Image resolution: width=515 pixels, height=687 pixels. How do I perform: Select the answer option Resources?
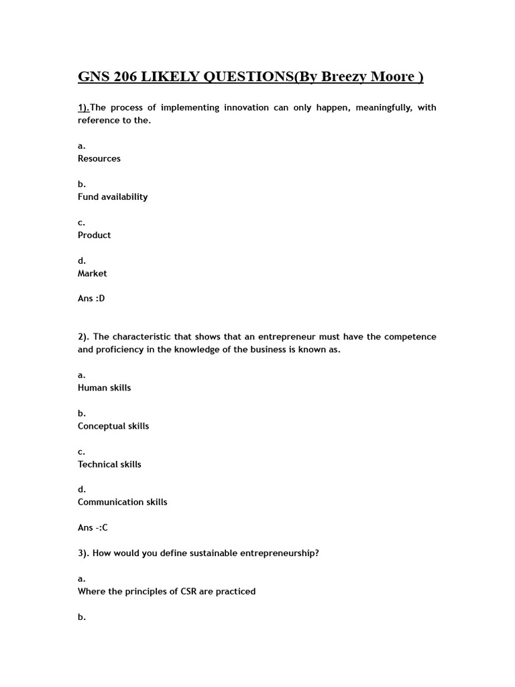tap(99, 158)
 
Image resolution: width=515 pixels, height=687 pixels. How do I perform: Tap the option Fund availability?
tap(113, 197)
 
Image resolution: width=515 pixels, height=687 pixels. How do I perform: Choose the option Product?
tap(95, 235)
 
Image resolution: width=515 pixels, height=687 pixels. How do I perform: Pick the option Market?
tap(93, 273)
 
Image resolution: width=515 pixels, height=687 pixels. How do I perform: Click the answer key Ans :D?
tap(91, 299)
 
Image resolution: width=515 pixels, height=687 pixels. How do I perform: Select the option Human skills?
tap(105, 388)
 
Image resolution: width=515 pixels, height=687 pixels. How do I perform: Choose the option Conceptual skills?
tap(113, 426)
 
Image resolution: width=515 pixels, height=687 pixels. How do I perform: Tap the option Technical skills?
tap(109, 464)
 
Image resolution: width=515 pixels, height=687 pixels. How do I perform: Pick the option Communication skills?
tap(123, 502)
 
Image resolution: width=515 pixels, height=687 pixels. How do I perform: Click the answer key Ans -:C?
tap(93, 528)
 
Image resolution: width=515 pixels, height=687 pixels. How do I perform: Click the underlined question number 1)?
tap(84, 107)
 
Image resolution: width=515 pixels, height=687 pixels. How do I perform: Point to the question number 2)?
tap(84, 337)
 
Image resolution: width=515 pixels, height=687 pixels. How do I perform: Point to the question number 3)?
tap(84, 553)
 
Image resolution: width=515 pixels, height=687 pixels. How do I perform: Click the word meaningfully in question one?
tap(377, 107)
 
